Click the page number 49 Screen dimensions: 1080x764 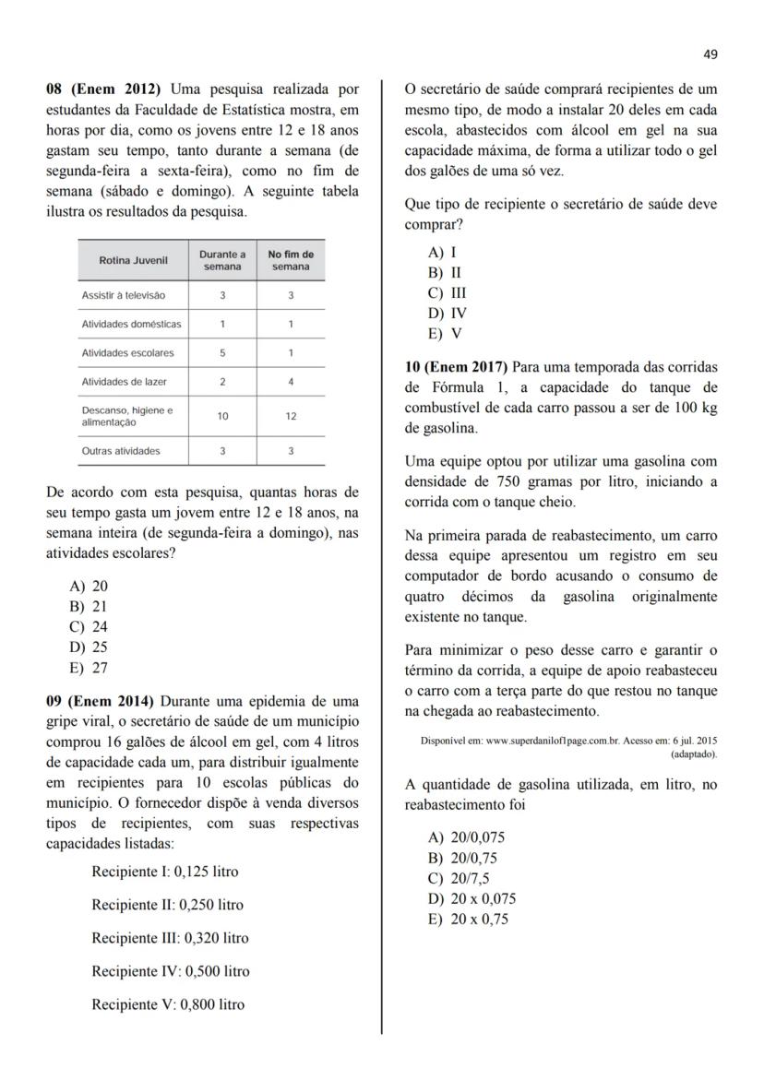[710, 54]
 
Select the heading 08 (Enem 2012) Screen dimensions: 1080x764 [103, 89]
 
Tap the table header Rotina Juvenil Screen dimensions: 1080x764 [133, 261]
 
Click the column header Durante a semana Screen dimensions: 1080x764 [222, 261]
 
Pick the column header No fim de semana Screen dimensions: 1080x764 [291, 261]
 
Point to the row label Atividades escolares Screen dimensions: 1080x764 [127, 353]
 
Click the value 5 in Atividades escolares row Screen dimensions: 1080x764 [222, 353]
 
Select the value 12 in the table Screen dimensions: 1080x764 [291, 416]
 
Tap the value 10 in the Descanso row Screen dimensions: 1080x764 [222, 416]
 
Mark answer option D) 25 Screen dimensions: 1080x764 [89, 647]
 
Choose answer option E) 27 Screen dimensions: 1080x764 [89, 668]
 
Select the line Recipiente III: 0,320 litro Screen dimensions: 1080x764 [170, 938]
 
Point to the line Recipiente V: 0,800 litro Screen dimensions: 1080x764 [168, 1004]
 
